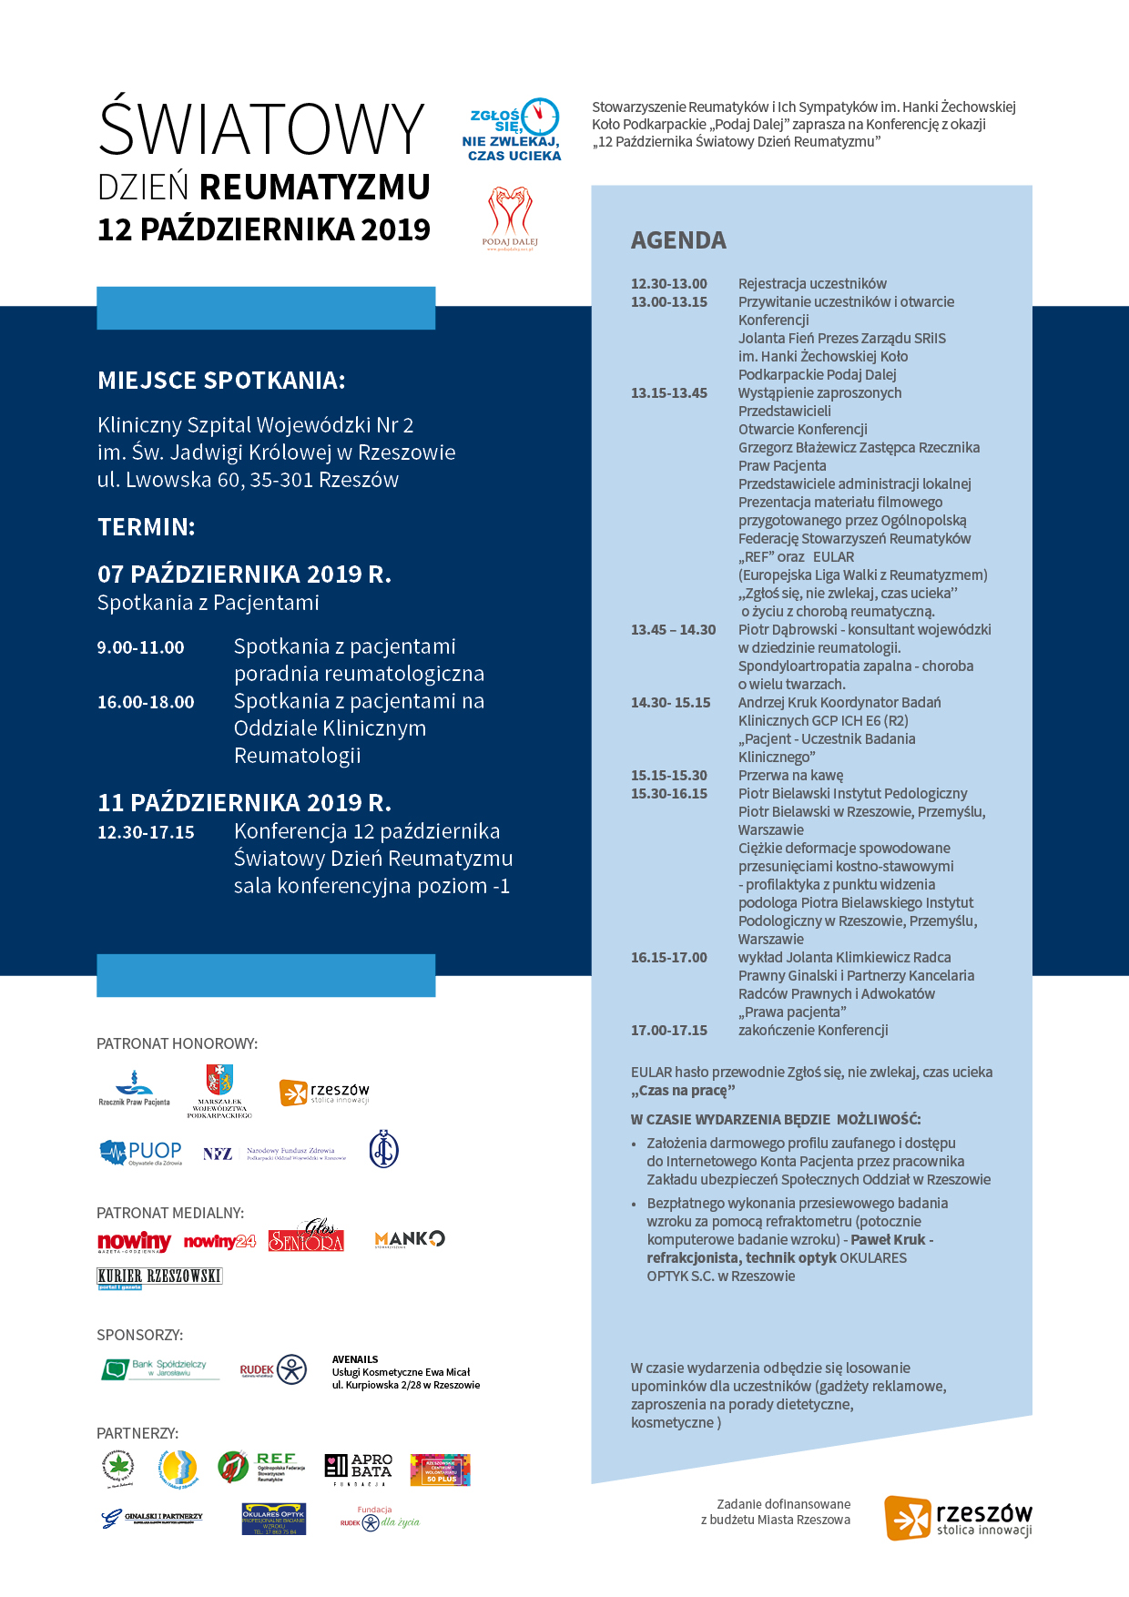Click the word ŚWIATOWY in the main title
262,128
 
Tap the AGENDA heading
678,240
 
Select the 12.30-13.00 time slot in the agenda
669,284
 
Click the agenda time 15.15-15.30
669,776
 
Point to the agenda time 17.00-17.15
669,1031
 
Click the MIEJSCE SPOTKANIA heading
221,381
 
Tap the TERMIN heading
147,527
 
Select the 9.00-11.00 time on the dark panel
141,647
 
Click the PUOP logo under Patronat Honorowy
141,1153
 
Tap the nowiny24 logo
219,1242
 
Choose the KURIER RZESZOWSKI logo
159,1277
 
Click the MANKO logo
410,1239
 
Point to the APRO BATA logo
359,1468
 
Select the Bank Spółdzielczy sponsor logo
160,1368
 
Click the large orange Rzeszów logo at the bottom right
958,1518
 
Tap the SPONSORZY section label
140,1335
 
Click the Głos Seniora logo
306,1236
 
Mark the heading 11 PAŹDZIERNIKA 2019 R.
244,803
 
